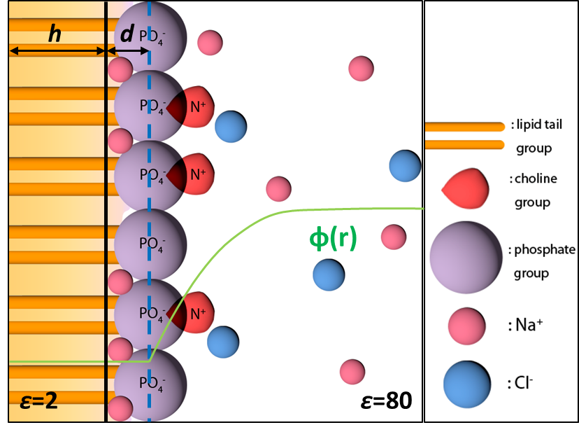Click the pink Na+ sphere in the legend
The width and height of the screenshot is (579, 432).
[x=467, y=326]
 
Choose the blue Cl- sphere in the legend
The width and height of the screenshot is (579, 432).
[x=467, y=382]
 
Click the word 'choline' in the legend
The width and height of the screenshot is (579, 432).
[x=536, y=178]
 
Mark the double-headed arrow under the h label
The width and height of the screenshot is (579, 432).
[x=56, y=50]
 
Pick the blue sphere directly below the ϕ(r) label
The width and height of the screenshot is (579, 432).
[x=328, y=274]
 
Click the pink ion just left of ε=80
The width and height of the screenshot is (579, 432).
[x=352, y=372]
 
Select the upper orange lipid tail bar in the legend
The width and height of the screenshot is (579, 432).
[x=464, y=127]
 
